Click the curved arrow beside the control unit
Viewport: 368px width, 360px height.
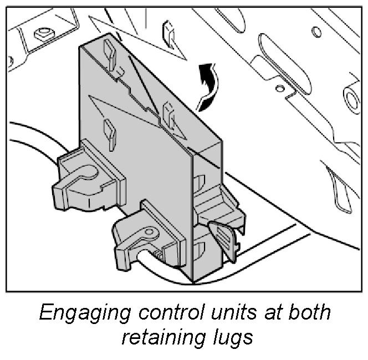coord(209,86)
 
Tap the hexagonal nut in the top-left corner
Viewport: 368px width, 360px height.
coord(43,33)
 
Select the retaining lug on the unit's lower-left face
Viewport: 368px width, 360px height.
coord(108,132)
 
